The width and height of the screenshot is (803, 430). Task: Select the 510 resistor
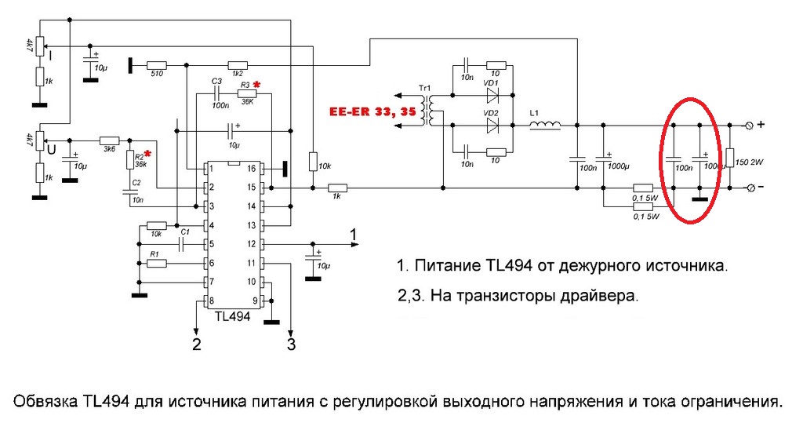tap(157, 65)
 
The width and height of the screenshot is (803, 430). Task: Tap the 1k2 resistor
tap(237, 65)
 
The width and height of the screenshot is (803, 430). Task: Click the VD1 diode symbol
tap(492, 96)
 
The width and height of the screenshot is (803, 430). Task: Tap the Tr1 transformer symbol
tap(427, 111)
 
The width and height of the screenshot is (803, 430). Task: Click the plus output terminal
tap(748, 125)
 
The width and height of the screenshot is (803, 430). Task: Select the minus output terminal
tap(748, 188)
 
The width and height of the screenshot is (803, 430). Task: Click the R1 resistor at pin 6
tap(157, 263)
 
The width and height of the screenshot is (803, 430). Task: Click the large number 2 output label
tap(197, 344)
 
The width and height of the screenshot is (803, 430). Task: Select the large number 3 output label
tap(291, 344)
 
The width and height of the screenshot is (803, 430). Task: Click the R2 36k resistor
tap(131, 161)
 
